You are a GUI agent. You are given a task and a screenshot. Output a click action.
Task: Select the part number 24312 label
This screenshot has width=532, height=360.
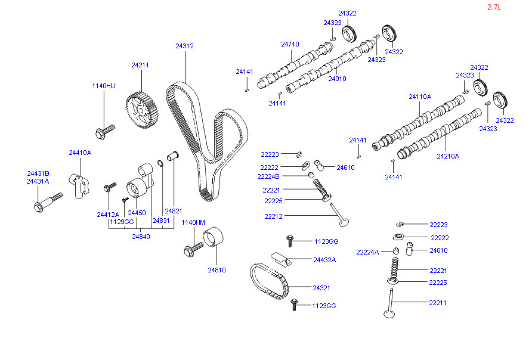[184, 46]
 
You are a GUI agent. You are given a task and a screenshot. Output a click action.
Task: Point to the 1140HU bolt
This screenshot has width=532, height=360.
[104, 130]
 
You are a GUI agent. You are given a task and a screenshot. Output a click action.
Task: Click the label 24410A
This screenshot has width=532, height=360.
[80, 153]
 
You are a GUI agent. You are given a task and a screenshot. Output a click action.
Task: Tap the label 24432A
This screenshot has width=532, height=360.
[324, 260]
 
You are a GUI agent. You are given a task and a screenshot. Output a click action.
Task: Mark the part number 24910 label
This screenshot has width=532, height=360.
[337, 78]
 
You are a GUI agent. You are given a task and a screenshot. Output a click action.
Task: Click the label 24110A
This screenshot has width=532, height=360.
[420, 97]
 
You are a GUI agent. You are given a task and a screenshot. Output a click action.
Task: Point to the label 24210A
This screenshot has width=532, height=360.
[448, 156]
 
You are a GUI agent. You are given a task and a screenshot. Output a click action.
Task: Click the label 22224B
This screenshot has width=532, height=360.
[268, 176]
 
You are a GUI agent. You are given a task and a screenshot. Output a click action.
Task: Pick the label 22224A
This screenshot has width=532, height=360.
[367, 252]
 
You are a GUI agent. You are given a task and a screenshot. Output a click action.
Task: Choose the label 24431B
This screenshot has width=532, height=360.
[38, 173]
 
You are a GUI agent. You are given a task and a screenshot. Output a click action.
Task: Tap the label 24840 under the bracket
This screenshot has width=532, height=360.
[141, 237]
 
